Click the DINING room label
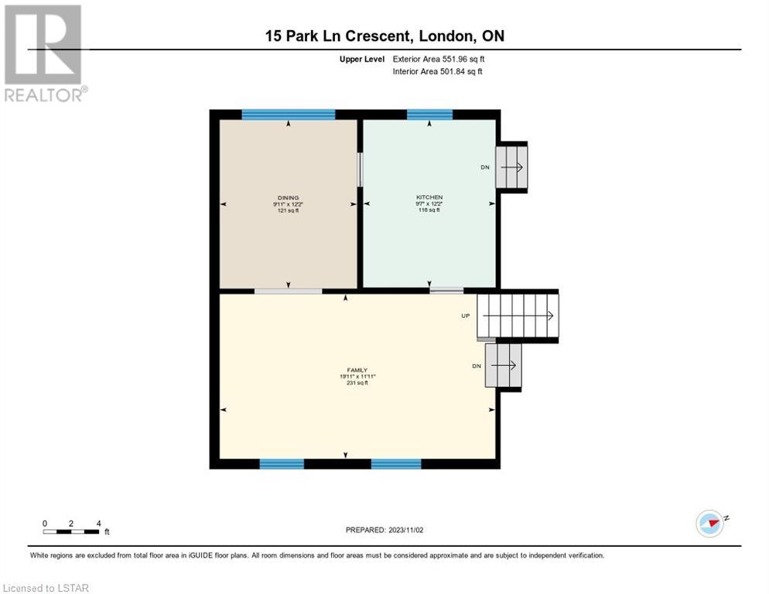pyautogui.click(x=288, y=198)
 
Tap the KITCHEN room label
pyautogui.click(x=429, y=197)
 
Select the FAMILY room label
pyautogui.click(x=357, y=370)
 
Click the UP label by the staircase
pyautogui.click(x=466, y=316)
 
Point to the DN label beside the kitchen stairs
pyautogui.click(x=485, y=167)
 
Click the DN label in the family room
pyautogui.click(x=477, y=366)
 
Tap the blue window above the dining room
pyautogui.click(x=289, y=114)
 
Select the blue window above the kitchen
pyautogui.click(x=429, y=114)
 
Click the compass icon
pyautogui.click(x=710, y=524)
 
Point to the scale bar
pyautogui.click(x=71, y=531)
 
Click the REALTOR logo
pyautogui.click(x=43, y=53)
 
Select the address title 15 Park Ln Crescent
pyautogui.click(x=337, y=36)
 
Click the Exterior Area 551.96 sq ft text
pyautogui.click(x=439, y=59)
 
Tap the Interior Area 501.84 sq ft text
pyautogui.click(x=437, y=71)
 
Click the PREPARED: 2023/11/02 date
pyautogui.click(x=384, y=530)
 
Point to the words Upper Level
pyautogui.click(x=362, y=59)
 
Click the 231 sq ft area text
pyautogui.click(x=357, y=383)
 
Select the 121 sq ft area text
pyautogui.click(x=288, y=210)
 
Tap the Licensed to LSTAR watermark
pyautogui.click(x=46, y=588)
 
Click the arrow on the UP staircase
pyautogui.click(x=518, y=316)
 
